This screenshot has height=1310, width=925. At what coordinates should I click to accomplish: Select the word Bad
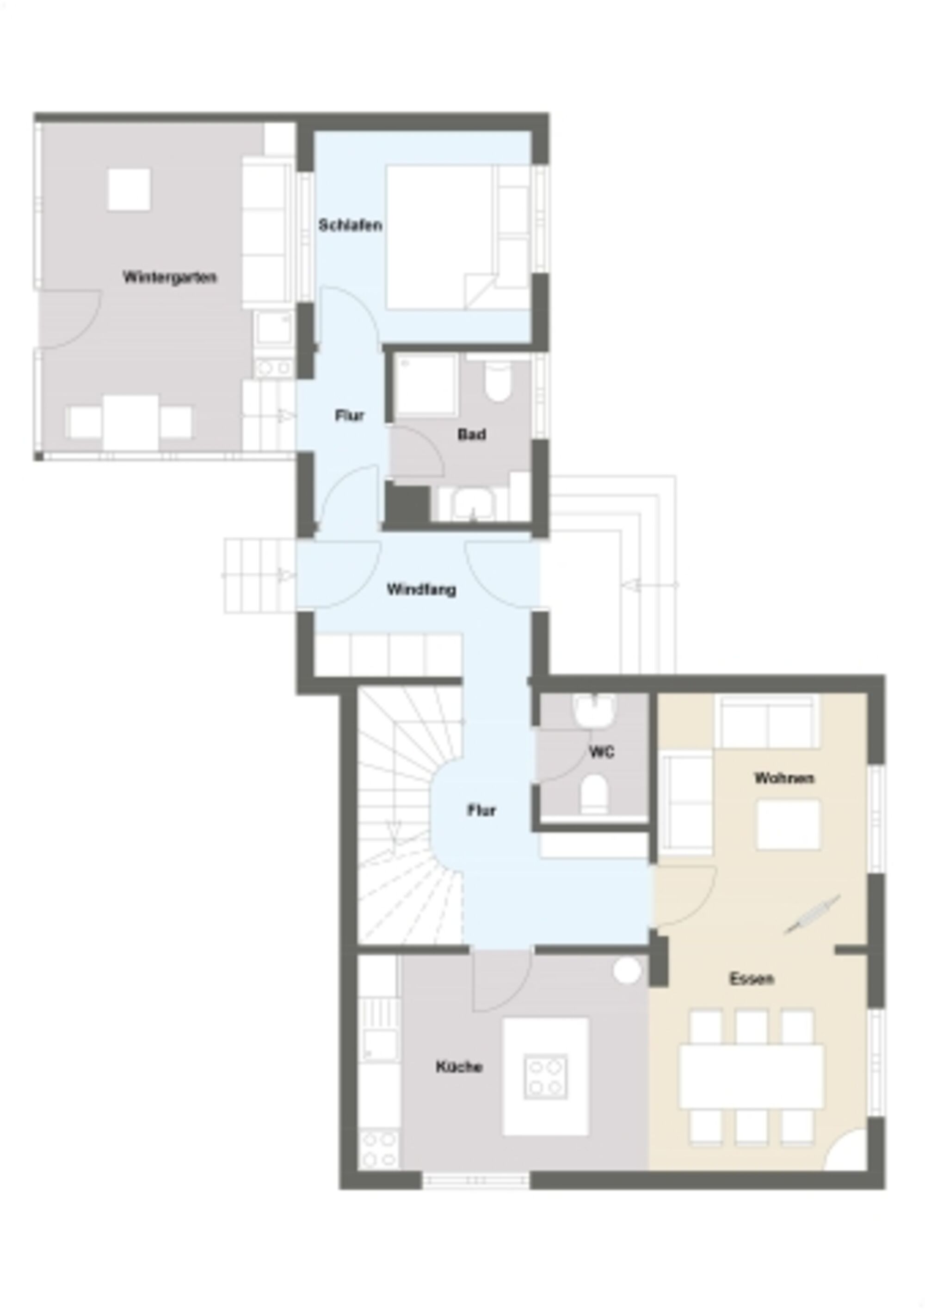[x=472, y=434]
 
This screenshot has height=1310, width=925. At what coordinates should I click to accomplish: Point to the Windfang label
[x=421, y=589]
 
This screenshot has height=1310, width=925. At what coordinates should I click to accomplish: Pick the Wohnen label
[x=784, y=778]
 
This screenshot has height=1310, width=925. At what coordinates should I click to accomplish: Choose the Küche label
[x=459, y=1067]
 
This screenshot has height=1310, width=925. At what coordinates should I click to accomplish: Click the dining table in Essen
[x=752, y=1076]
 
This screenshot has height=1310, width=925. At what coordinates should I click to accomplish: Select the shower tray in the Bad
[x=426, y=384]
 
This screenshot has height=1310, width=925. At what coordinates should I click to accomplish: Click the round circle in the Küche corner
[x=627, y=970]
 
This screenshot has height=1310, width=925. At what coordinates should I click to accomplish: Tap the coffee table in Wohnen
[x=788, y=824]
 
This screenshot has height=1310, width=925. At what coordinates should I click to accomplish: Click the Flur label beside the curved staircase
[x=481, y=809]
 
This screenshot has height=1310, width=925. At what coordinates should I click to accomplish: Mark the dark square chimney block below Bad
[x=407, y=503]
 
